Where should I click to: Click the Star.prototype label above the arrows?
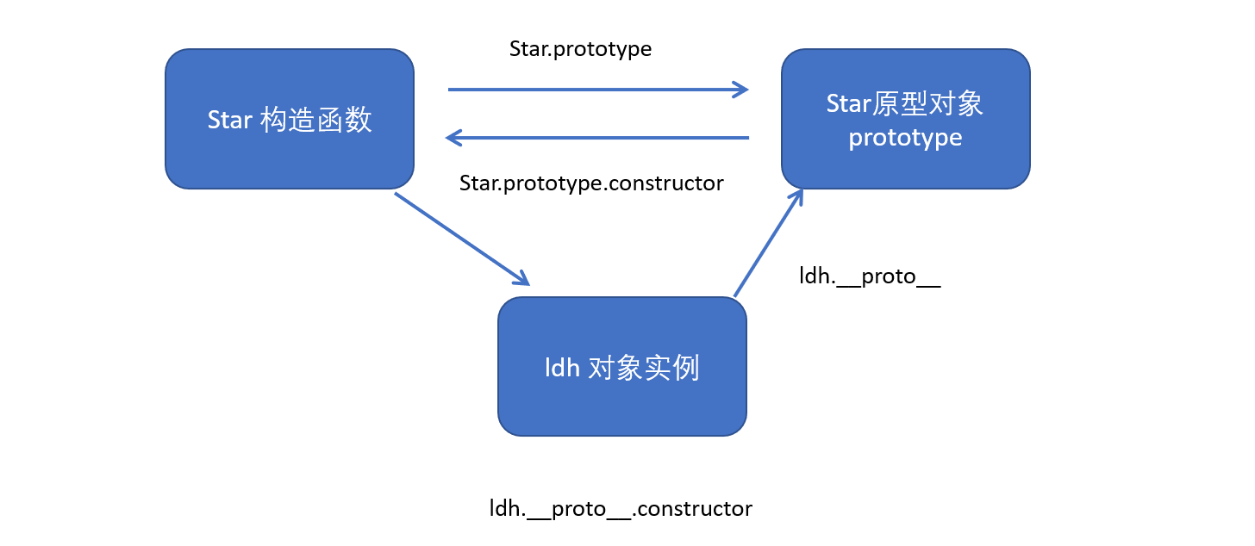[580, 49]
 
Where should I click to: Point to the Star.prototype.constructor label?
[591, 183]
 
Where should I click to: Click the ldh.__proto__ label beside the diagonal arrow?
[870, 276]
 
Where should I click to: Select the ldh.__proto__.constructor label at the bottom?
[621, 508]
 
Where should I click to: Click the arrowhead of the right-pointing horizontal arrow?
[741, 89]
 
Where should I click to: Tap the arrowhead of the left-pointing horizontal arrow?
[453, 137]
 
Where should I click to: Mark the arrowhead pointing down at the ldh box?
[521, 279]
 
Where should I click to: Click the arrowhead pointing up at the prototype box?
[798, 195]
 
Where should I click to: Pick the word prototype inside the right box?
[905, 138]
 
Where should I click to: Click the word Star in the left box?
[229, 120]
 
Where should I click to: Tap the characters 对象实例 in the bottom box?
[643, 369]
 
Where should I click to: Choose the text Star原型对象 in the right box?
[905, 104]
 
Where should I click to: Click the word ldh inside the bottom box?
[562, 369]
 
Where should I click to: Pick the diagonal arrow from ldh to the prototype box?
[767, 245]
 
